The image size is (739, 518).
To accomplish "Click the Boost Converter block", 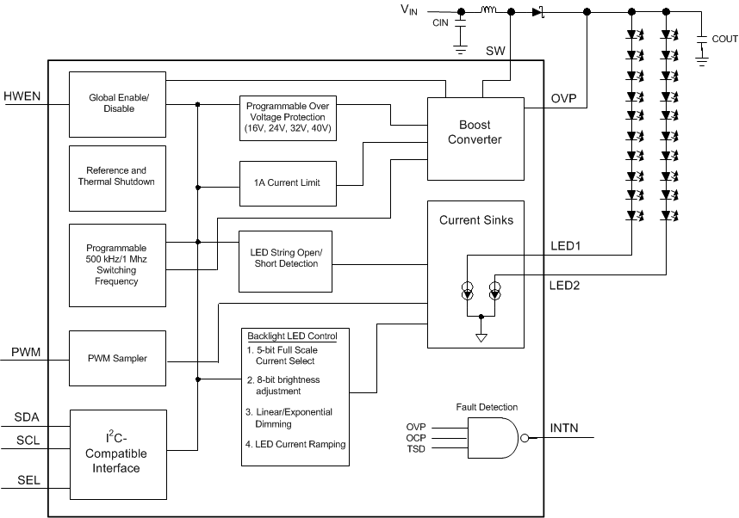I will click(475, 138).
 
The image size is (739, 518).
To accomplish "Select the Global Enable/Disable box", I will click(117, 103).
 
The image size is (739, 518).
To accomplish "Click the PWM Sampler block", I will click(117, 357).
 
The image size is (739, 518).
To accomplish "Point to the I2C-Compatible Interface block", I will click(117, 453).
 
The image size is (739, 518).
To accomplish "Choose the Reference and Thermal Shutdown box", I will click(117, 176).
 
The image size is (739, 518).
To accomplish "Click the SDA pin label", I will click(27, 417).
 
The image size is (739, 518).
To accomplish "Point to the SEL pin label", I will click(27, 479).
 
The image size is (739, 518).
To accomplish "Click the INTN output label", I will click(566, 427).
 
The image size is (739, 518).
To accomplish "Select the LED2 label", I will click(565, 285).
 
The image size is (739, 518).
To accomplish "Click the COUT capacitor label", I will click(724, 39).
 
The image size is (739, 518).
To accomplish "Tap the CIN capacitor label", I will click(440, 22).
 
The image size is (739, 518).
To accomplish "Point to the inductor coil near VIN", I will click(487, 11).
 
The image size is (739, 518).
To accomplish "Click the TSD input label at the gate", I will click(416, 448).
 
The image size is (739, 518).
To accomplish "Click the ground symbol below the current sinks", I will click(481, 336).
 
